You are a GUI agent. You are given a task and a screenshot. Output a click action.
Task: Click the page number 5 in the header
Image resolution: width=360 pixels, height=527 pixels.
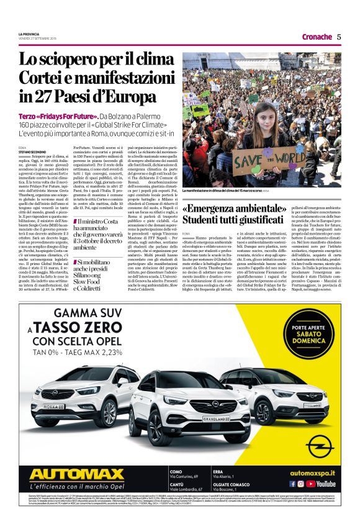pyautogui.click(x=339, y=37)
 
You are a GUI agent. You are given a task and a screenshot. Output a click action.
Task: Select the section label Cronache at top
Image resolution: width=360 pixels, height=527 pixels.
pyautogui.click(x=317, y=37)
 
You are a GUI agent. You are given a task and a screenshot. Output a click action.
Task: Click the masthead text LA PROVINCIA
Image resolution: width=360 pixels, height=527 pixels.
pyautogui.click(x=30, y=34)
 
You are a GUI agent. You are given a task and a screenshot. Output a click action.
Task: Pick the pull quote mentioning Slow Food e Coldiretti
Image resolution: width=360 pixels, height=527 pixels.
pyautogui.click(x=100, y=276)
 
